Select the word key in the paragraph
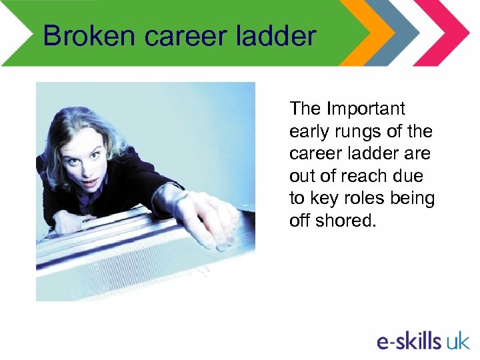point(323,199)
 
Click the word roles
point(365,199)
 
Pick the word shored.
point(348,221)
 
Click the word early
point(307,131)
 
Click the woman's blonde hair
point(107,123)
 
